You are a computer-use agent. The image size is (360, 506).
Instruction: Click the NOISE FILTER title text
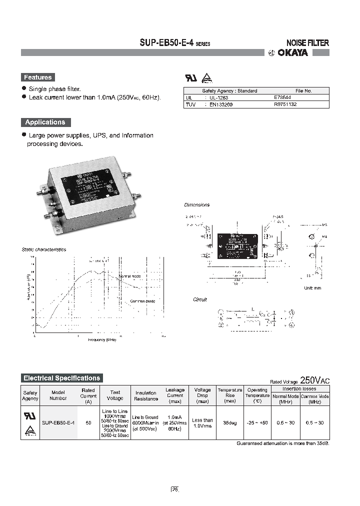pos(307,43)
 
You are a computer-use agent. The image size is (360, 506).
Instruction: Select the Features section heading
pos(38,77)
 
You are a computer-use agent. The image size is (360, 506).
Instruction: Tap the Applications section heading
pos(45,122)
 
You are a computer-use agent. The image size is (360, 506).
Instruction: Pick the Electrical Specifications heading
pos(62,378)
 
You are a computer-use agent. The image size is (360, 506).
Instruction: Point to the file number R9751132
pos(285,105)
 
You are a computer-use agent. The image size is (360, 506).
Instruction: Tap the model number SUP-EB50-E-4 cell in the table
pos(59,422)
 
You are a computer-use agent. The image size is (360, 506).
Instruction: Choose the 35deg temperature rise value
pos(230,422)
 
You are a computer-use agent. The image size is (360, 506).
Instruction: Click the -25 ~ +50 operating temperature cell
pos(257,422)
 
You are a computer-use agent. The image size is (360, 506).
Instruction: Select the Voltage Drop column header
pos(202,395)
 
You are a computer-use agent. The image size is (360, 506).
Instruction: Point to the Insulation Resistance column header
pos(146,395)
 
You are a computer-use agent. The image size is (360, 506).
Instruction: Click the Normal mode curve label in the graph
pos(130,276)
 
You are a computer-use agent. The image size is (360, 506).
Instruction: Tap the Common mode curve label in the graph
pos(142,301)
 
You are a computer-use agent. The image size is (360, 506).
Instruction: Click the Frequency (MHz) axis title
pos(102,339)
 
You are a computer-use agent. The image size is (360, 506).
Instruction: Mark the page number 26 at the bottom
pos(175,489)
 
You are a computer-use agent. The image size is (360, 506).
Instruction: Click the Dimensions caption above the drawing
pos(197,205)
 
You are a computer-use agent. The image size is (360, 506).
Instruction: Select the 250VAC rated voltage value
pos(315,380)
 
